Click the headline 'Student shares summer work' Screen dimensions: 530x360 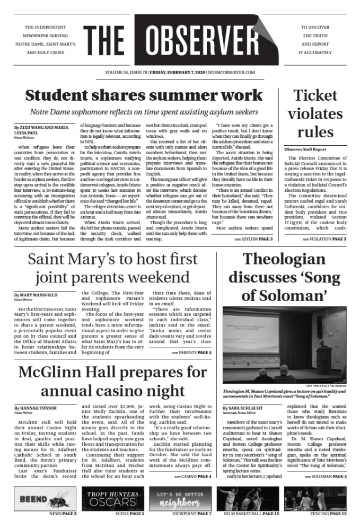(x=144, y=95)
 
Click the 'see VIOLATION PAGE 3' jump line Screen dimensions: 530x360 (x=324, y=239)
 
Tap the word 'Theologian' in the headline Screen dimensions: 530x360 (x=284, y=259)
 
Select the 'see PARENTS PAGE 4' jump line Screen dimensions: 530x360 (x=191, y=352)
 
